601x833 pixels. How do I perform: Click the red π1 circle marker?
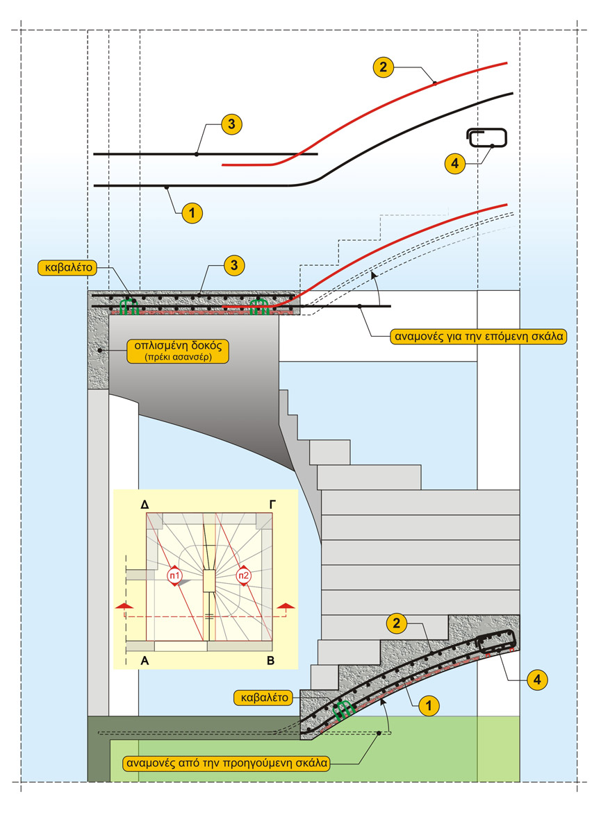[174, 575]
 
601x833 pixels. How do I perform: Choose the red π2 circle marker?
[243, 575]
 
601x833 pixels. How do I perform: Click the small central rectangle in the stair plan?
[208, 582]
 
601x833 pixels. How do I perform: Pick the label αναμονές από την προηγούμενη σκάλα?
[227, 762]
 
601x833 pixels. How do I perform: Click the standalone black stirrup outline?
[488, 138]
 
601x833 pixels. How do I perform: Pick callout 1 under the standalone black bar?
[192, 213]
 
